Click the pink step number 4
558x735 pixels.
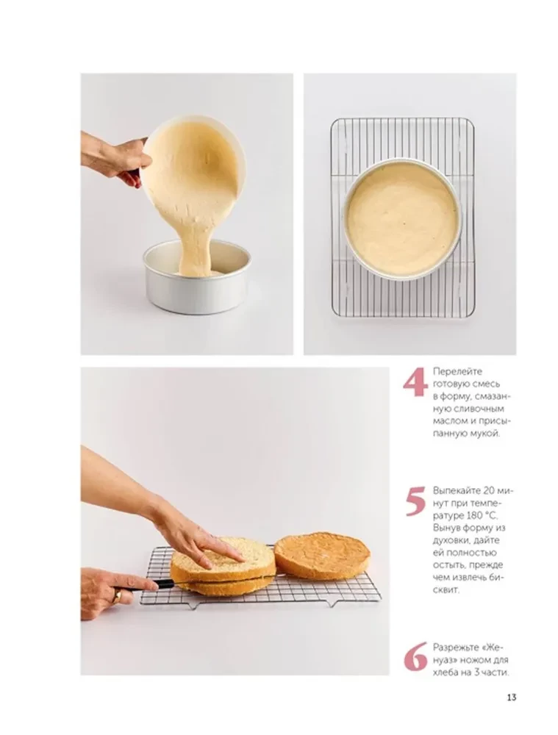pyautogui.click(x=415, y=384)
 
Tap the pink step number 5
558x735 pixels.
pyautogui.click(x=415, y=502)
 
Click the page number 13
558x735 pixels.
pyautogui.click(x=511, y=698)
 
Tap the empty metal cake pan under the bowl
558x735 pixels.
pyautogui.click(x=196, y=283)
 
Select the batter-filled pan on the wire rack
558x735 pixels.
pyautogui.click(x=401, y=218)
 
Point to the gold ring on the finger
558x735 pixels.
pyautogui.click(x=117, y=596)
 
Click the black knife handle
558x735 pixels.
pyautogui.click(x=146, y=585)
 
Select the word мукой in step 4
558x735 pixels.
pyautogui.click(x=482, y=434)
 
